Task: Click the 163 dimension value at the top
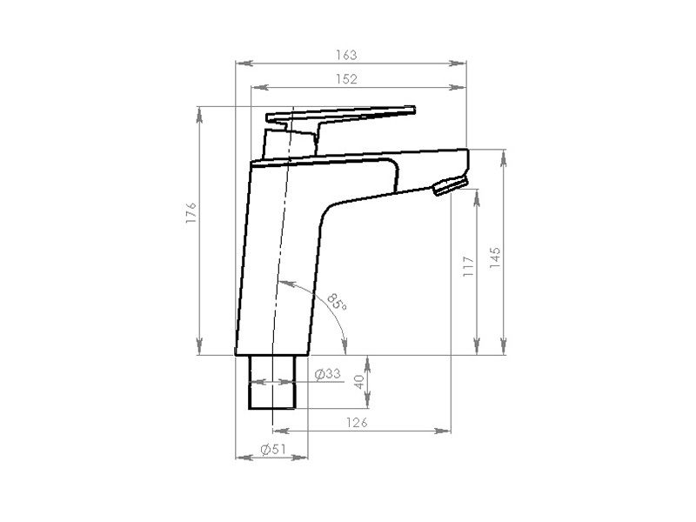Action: click(x=346, y=54)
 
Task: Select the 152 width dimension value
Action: click(x=346, y=78)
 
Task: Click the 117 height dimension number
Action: click(x=467, y=265)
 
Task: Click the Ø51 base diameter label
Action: click(x=273, y=450)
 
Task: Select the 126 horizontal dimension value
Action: click(x=355, y=422)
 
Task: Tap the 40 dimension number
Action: click(x=358, y=380)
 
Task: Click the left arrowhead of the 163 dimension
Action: click(x=243, y=63)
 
